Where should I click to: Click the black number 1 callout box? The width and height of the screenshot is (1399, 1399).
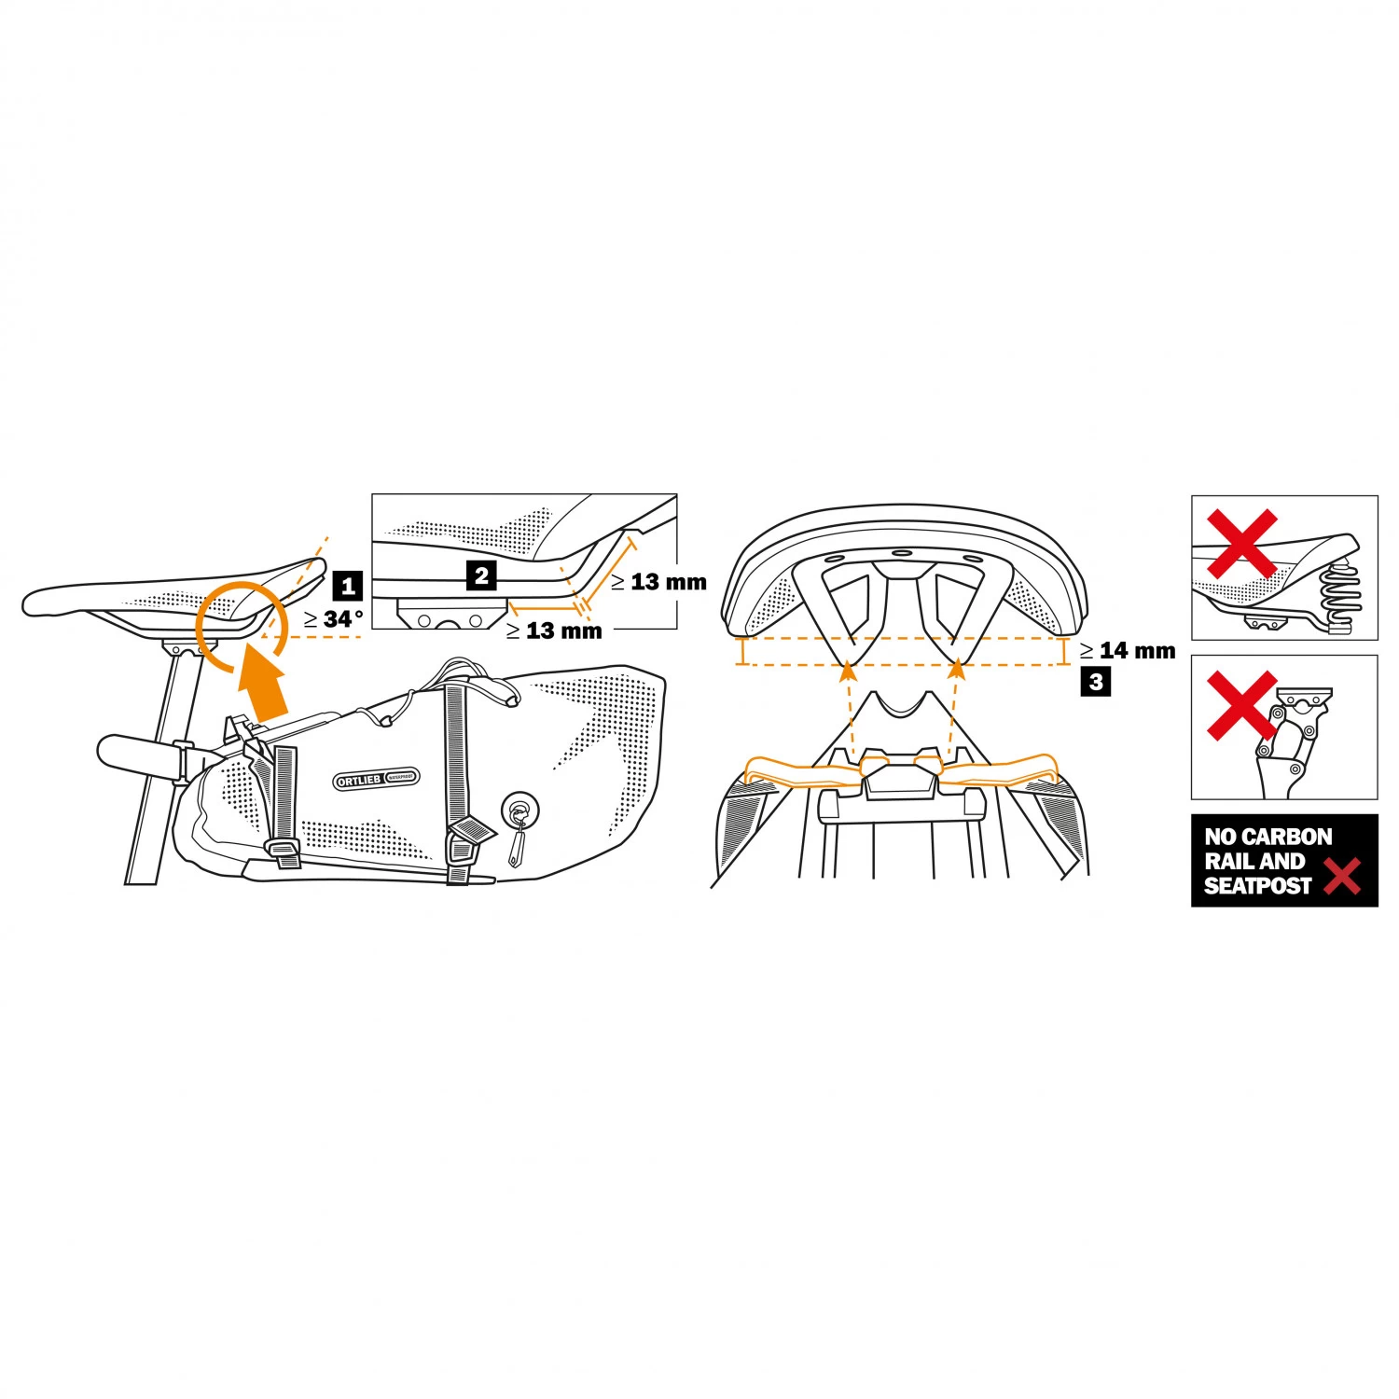(348, 586)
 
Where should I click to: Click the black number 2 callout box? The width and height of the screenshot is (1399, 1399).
(481, 575)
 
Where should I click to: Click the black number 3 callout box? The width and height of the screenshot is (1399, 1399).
(1096, 682)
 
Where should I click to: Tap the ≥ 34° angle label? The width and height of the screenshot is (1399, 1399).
(334, 619)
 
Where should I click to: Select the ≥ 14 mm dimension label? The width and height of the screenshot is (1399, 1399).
(1128, 650)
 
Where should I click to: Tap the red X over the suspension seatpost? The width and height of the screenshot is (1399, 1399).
(1241, 705)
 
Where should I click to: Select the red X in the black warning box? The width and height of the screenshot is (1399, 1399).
(1341, 876)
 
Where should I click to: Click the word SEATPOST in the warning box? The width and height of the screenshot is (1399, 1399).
(1257, 886)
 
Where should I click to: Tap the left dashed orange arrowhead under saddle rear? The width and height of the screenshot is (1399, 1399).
(847, 665)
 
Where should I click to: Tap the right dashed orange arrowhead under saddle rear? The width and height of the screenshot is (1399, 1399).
(955, 665)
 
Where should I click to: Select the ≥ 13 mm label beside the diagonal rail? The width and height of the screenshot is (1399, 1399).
(658, 582)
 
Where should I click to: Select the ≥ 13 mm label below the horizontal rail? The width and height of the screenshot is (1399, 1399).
(554, 631)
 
